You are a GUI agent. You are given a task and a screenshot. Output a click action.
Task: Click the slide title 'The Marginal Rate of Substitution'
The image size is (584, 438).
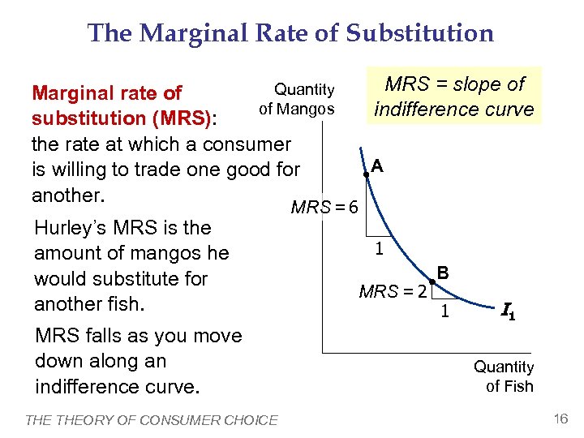(290, 33)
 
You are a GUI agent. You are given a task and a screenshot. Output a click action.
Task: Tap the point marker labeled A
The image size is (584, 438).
(367, 174)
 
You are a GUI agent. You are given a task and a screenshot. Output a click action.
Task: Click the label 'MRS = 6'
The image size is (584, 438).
(324, 208)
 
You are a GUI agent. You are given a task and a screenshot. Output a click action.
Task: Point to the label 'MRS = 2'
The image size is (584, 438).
(393, 291)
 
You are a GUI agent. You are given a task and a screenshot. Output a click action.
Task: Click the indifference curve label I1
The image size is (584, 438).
(509, 310)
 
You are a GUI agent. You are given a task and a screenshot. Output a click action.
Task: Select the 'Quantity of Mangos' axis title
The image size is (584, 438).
(297, 99)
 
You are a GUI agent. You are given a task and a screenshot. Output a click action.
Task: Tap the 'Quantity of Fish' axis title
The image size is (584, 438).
(504, 376)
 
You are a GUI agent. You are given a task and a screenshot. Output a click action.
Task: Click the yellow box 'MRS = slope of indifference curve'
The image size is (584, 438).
(454, 97)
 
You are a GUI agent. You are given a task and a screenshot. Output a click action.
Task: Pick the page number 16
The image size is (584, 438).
(560, 418)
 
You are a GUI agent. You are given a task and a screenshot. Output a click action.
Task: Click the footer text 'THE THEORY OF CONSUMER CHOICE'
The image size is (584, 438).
(152, 419)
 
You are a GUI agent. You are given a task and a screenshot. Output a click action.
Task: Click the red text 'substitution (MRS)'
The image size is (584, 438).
(122, 118)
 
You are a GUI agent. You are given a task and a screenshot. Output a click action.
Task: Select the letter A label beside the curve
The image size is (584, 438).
(377, 165)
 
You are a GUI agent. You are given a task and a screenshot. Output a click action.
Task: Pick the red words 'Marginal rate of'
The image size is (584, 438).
(107, 93)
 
